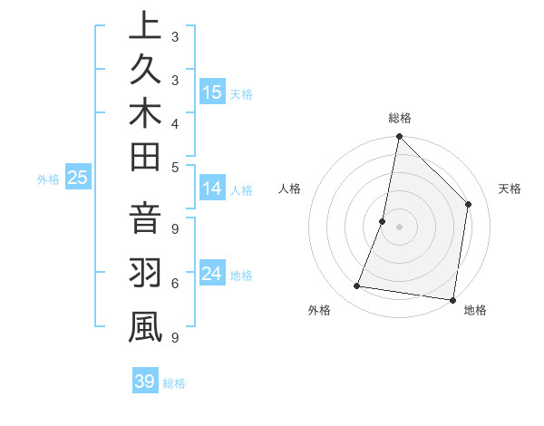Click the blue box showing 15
(212, 92)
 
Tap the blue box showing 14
(212, 189)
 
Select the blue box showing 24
(212, 274)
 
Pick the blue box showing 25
(77, 179)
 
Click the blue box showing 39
(144, 382)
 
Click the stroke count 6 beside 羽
(175, 285)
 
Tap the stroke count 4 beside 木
(175, 123)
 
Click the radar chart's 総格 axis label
(400, 118)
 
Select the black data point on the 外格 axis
(357, 286)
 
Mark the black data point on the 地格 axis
(452, 299)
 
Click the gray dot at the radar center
(400, 227)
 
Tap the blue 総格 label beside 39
(174, 383)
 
